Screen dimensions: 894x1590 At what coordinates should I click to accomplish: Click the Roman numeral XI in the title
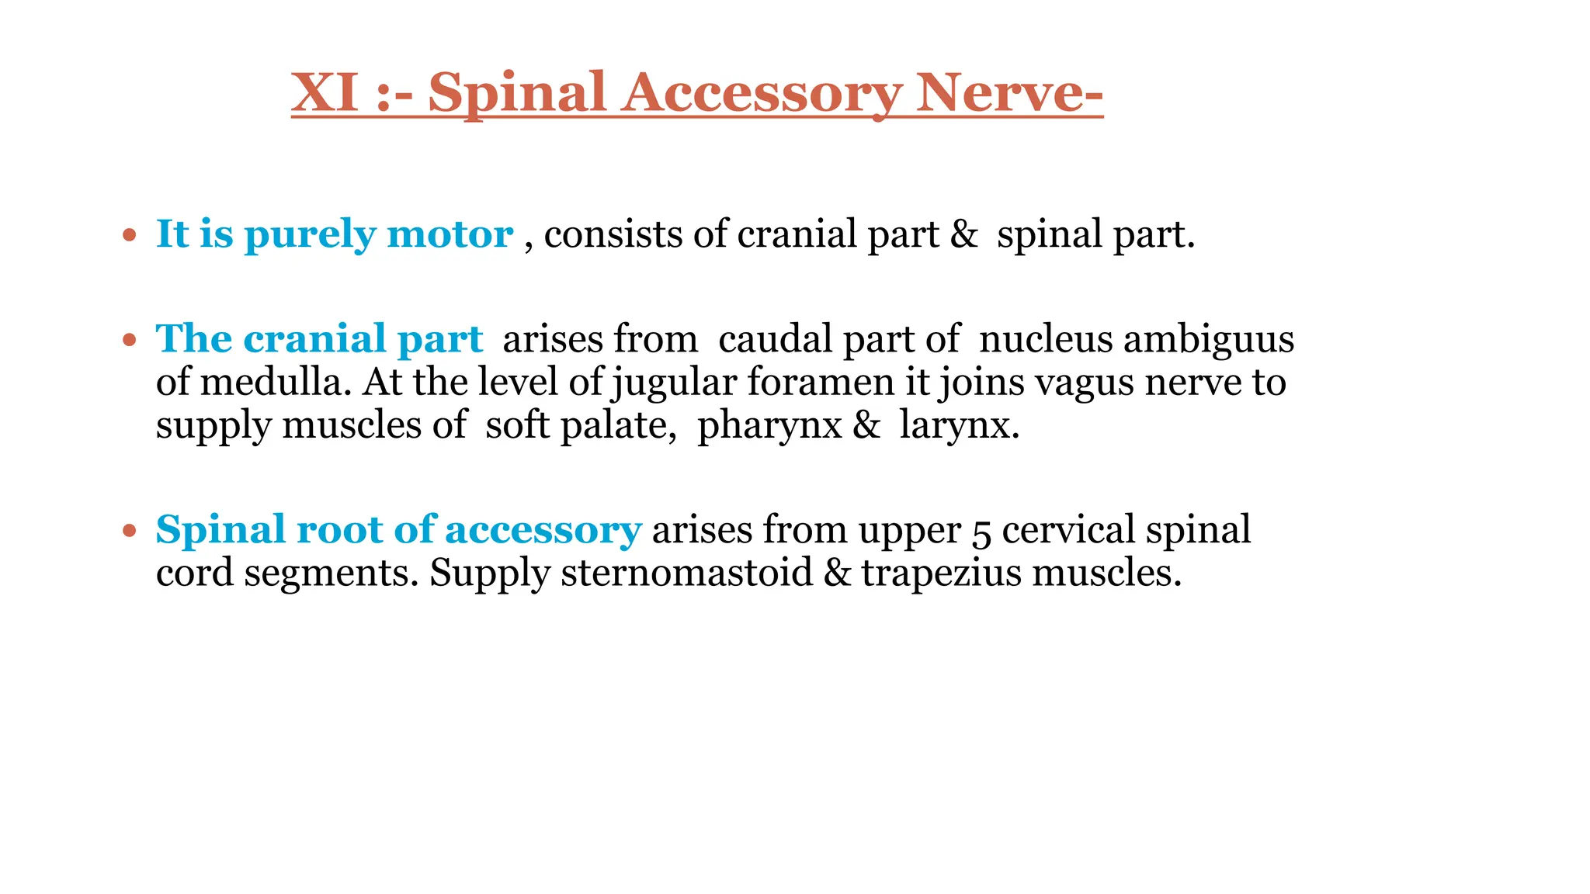325,93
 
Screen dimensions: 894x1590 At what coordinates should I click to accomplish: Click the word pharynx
769,425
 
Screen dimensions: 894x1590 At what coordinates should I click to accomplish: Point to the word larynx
959,425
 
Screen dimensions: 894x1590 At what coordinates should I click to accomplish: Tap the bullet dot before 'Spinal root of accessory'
130,530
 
